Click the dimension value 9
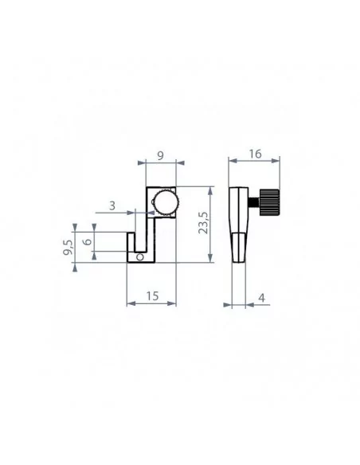pyautogui.click(x=160, y=155)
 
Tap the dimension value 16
pyautogui.click(x=255, y=154)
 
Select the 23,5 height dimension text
pyautogui.click(x=204, y=223)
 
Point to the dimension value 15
pyautogui.click(x=152, y=296)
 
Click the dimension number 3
pyautogui.click(x=112, y=205)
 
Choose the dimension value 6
pyautogui.click(x=88, y=241)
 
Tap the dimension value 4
pyautogui.click(x=261, y=298)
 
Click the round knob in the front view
pyautogui.click(x=166, y=201)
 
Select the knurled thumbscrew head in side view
pyautogui.click(x=269, y=201)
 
